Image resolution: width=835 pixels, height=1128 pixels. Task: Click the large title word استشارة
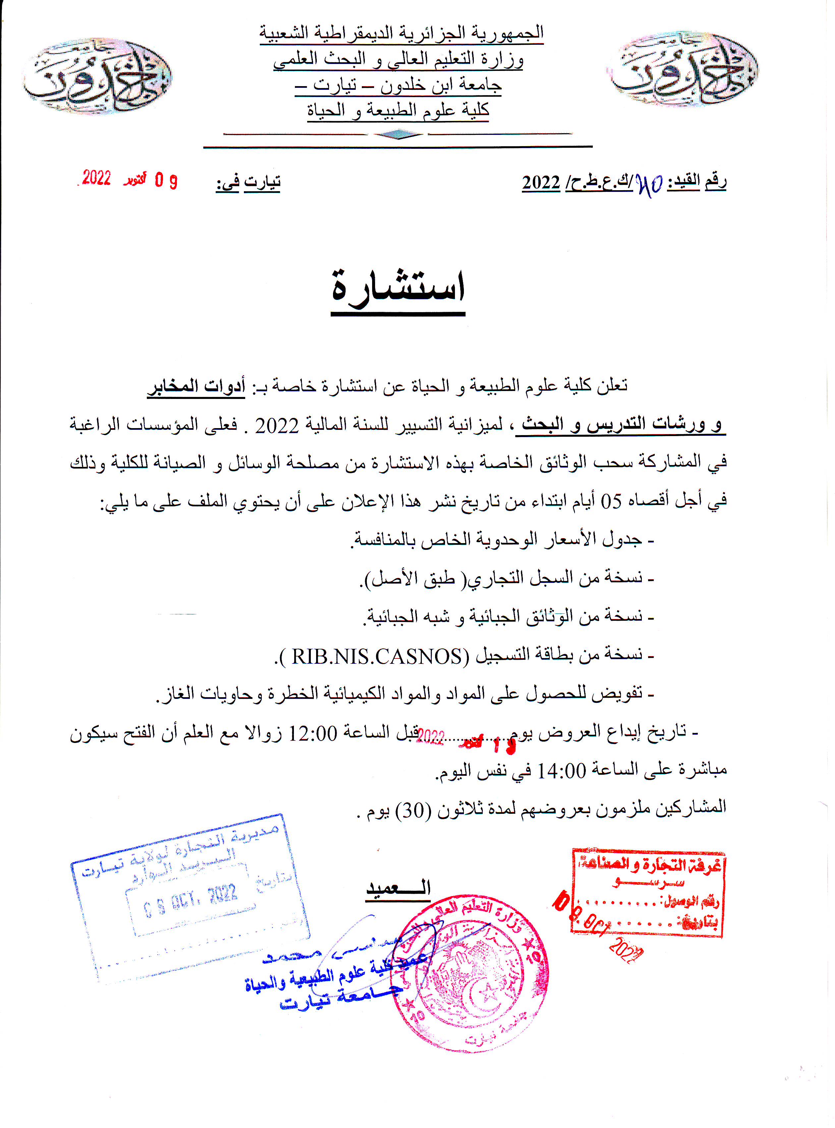[398, 287]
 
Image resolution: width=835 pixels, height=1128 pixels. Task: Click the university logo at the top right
[682, 69]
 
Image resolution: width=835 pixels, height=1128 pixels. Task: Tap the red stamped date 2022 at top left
[96, 178]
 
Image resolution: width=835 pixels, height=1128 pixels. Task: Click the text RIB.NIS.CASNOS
[377, 656]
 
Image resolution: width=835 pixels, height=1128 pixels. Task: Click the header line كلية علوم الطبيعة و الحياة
[398, 110]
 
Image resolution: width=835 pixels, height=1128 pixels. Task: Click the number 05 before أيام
[611, 502]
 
